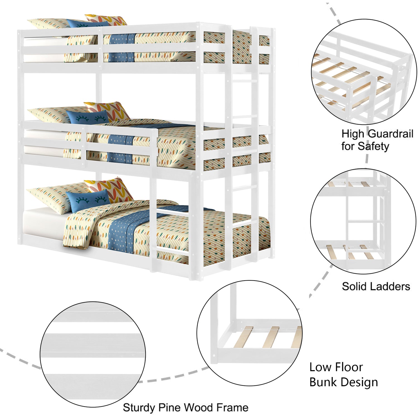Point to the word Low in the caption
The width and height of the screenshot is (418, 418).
coord(320,367)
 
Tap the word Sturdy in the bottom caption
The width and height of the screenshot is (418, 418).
coord(139,408)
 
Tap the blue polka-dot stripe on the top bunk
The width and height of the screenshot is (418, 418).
coord(121,47)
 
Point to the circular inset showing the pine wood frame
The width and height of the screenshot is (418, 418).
coord(93,354)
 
